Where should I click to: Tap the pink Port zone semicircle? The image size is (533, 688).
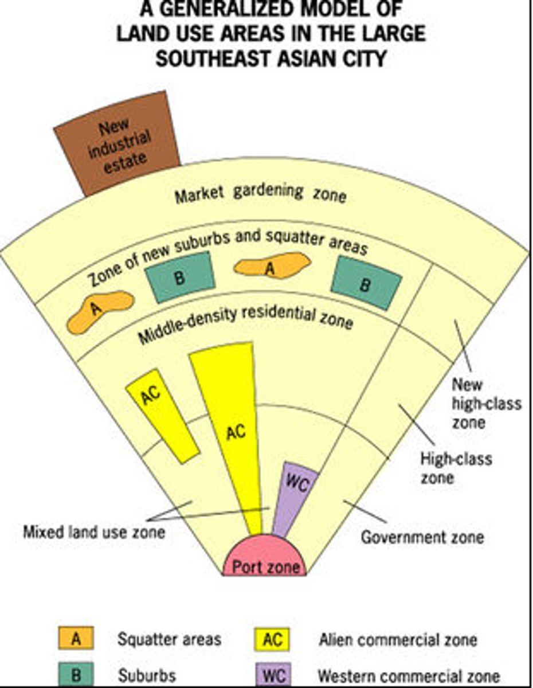(265, 558)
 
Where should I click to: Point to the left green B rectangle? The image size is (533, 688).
(180, 277)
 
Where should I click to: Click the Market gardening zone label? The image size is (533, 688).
(261, 194)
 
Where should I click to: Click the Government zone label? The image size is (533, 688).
(422, 537)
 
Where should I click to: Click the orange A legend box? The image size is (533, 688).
(76, 639)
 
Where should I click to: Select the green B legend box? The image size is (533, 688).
(76, 674)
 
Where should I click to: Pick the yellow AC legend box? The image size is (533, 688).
(273, 639)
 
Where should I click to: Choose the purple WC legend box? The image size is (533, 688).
(273, 674)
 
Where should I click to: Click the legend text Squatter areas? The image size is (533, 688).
(169, 639)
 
